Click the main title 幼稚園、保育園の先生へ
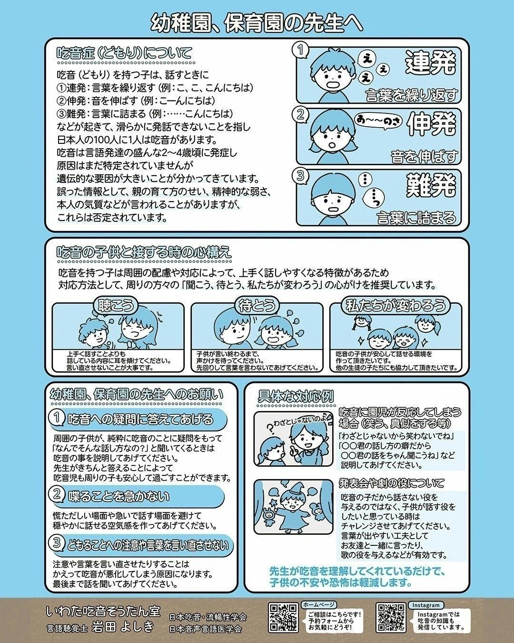pyautogui.click(x=257, y=21)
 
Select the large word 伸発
pyautogui.click(x=431, y=124)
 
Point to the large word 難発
pyautogui.click(x=431, y=185)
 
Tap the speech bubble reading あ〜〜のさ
pyautogui.click(x=378, y=121)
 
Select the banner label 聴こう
pyautogui.click(x=116, y=305)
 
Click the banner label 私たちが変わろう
pyautogui.click(x=395, y=305)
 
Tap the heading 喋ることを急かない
pyautogui.click(x=119, y=497)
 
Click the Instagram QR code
pyautogui.click(x=391, y=617)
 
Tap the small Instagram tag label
pyautogui.click(x=426, y=605)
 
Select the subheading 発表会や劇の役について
pyautogui.click(x=391, y=483)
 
